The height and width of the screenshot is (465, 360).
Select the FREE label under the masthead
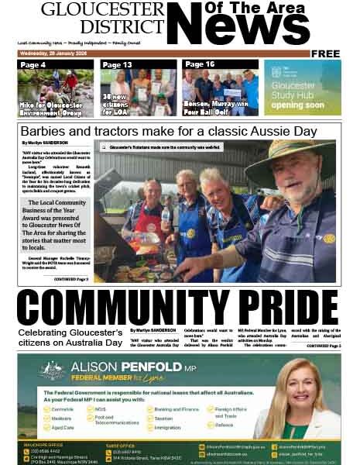pos(326,53)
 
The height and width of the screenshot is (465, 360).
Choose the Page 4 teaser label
pos(33,65)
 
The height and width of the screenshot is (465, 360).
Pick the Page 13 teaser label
pos(117,65)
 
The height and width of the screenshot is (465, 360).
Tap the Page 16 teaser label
pos(200,64)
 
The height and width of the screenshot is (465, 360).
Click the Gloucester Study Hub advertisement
pos(302,88)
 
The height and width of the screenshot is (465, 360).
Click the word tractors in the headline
pos(115,131)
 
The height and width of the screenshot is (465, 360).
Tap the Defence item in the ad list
pos(224,425)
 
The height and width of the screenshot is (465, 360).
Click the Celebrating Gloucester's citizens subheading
pos(70,338)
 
